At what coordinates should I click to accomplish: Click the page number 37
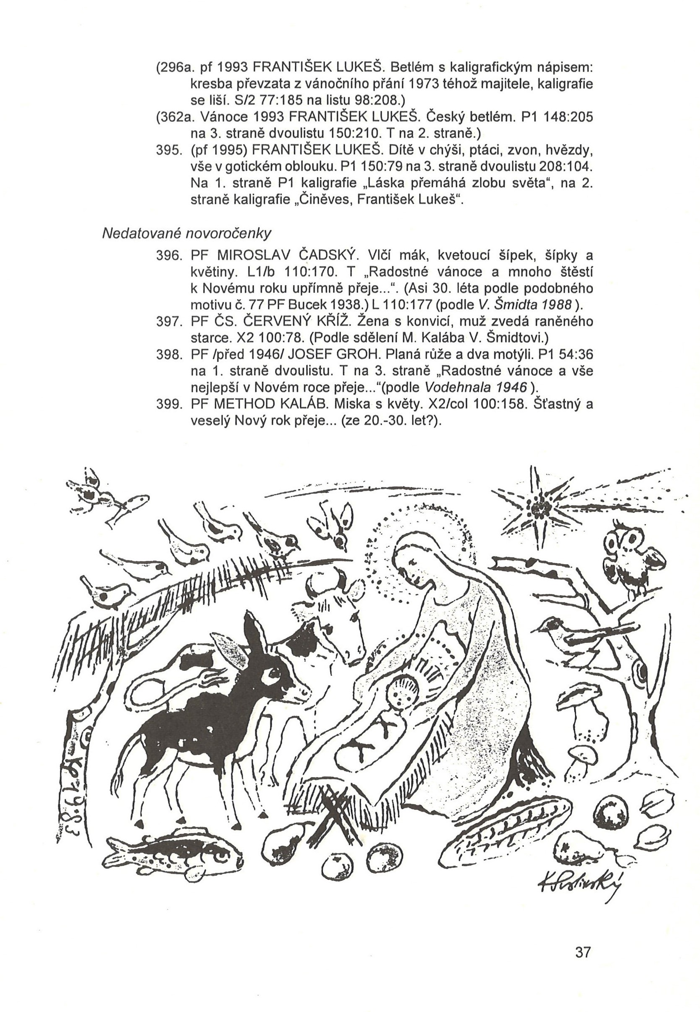[582, 952]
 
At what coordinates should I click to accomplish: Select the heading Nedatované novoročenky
[186, 233]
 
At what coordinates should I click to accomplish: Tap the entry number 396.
[168, 255]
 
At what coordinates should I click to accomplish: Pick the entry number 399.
[168, 404]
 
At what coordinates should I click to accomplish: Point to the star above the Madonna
[539, 508]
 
